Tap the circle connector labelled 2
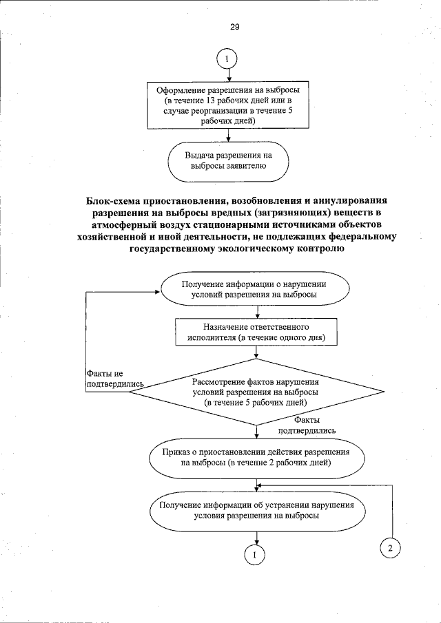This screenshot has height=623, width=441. tap(390, 548)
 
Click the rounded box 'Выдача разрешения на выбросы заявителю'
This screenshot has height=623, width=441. tap(228, 161)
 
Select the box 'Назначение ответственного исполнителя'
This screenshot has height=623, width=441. tap(256, 332)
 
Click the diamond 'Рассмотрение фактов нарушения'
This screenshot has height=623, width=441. tap(256, 391)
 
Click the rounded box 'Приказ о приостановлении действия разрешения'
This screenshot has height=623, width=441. tap(255, 457)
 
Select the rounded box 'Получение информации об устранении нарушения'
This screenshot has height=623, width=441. tap(256, 510)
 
